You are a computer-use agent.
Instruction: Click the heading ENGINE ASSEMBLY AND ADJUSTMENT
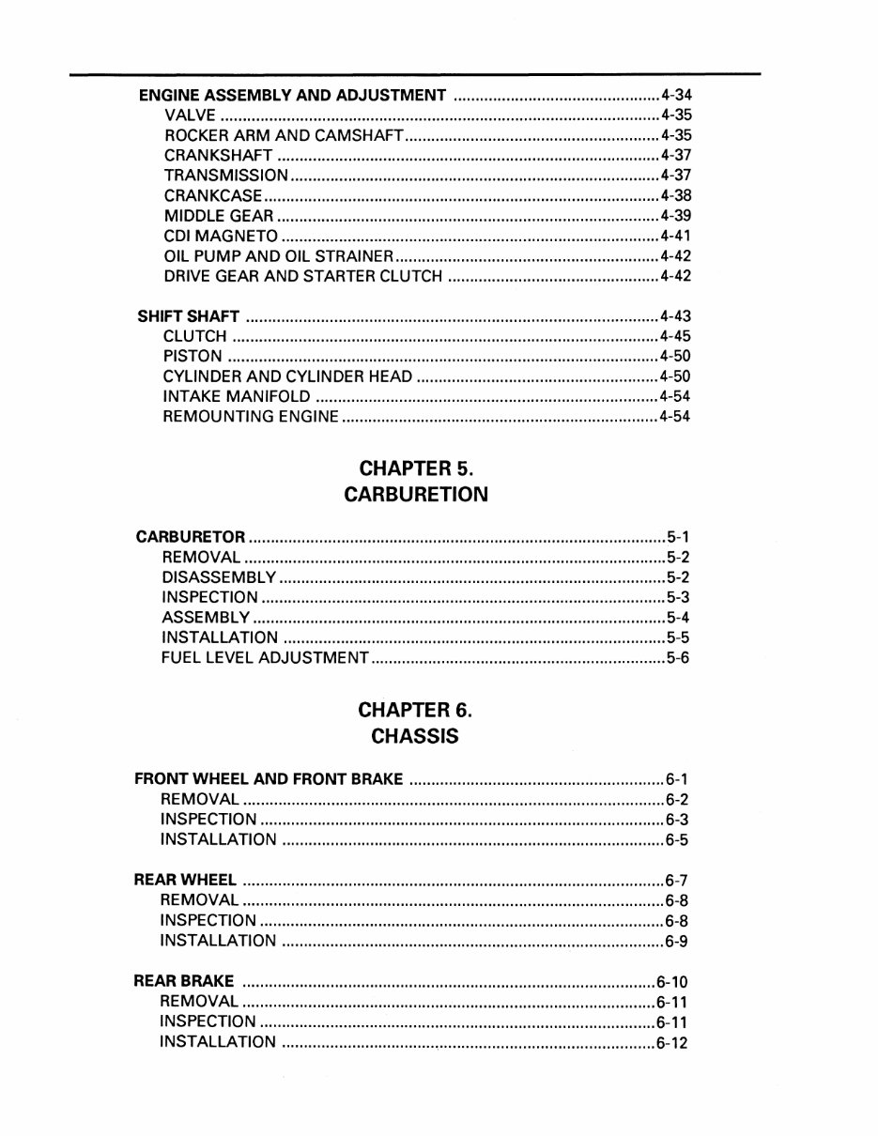[292, 96]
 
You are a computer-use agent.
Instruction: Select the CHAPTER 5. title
[416, 468]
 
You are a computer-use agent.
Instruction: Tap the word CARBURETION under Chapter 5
[416, 495]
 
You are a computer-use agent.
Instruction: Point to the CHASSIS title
[415, 737]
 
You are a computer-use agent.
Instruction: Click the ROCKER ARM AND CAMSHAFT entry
[284, 136]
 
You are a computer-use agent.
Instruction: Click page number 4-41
[675, 236]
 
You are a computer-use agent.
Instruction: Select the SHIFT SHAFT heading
[189, 316]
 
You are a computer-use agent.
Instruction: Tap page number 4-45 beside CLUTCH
[675, 336]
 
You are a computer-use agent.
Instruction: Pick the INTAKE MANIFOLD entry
[237, 396]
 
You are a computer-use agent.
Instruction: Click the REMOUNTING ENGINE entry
[251, 416]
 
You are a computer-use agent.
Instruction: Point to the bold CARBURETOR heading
[191, 538]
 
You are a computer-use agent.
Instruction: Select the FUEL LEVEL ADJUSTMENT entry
[265, 658]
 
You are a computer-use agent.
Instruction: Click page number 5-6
[678, 658]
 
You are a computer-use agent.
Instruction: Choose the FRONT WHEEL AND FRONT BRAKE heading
[270, 779]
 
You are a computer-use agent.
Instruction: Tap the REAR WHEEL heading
[185, 881]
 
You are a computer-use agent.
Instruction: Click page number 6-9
[676, 941]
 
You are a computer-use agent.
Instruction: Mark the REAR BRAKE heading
[184, 982]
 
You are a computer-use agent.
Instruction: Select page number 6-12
[672, 1042]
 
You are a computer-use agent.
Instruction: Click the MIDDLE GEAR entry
[219, 216]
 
